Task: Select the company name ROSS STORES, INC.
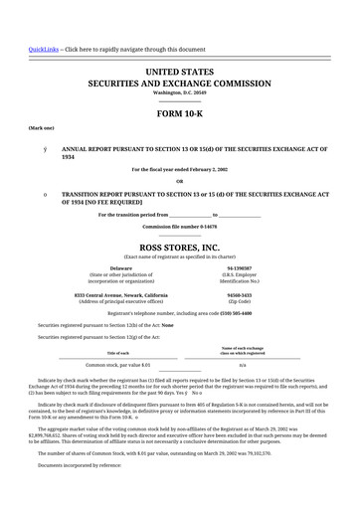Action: pos(180,245)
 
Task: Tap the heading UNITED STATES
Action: pos(180,73)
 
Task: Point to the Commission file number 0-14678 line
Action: pos(180,227)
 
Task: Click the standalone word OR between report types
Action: pos(180,180)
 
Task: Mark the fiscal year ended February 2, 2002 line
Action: pos(180,169)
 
